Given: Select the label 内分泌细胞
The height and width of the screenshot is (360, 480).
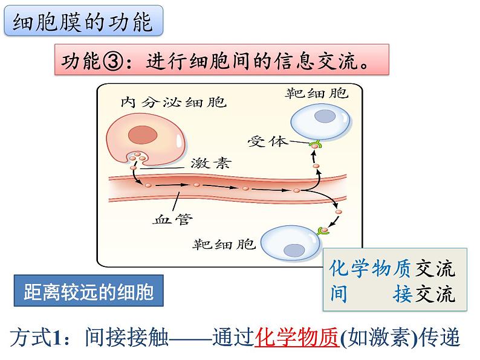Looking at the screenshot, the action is point(173,101).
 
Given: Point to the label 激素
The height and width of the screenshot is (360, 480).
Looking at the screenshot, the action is point(210,163).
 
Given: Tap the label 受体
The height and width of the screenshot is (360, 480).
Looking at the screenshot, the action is point(266,142).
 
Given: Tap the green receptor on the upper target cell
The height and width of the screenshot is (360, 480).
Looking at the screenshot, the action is point(315,145).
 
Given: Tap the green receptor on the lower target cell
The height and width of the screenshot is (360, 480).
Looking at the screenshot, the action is point(325,230).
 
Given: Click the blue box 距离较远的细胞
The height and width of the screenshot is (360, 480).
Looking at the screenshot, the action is point(88,293).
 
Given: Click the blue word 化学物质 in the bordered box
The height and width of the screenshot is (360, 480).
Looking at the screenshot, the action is point(371,268).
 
